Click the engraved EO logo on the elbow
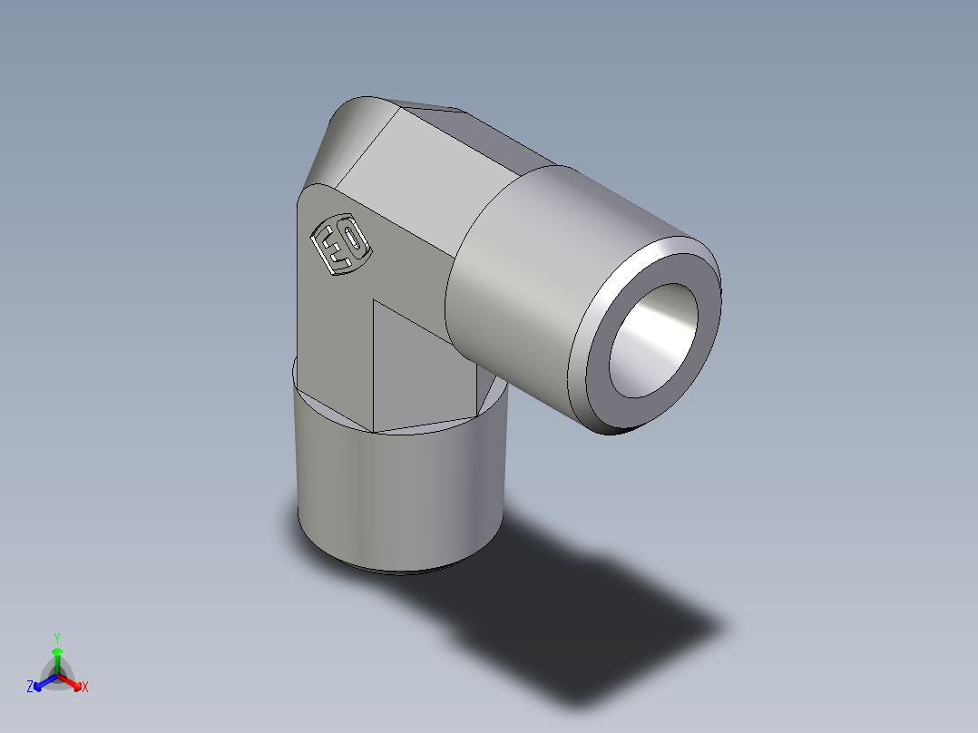[x=339, y=243]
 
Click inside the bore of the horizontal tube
[x=653, y=340]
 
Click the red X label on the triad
[x=85, y=688]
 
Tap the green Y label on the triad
[x=56, y=637]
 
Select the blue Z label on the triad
[x=30, y=688]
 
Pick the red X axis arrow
[x=73, y=681]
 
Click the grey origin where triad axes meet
[x=57, y=676]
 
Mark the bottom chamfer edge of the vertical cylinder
[x=399, y=571]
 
